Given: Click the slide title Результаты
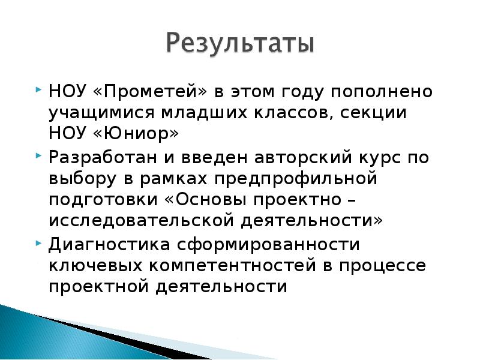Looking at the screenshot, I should pyautogui.click(x=239, y=45).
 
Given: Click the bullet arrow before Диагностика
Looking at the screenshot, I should pyautogui.click(x=40, y=242).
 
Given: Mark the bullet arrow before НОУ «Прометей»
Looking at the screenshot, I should pyautogui.click(x=40, y=89).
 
